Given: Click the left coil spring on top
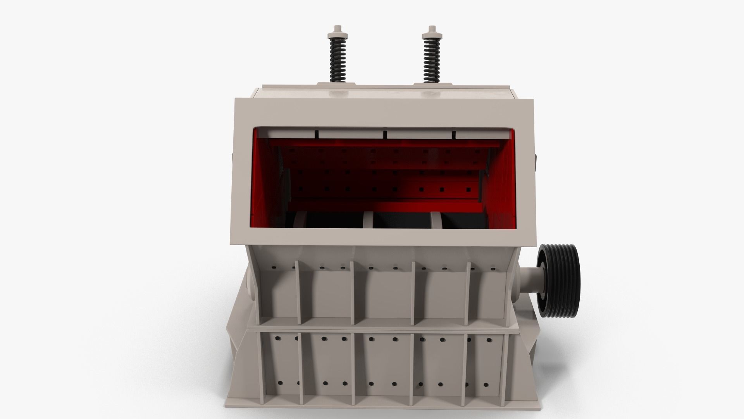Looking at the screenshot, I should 338,60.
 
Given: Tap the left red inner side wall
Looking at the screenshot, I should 267,182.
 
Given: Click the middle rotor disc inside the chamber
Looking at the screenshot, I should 368,220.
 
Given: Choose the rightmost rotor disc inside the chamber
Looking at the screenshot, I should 436,220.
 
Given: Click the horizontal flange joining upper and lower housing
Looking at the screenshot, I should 376,328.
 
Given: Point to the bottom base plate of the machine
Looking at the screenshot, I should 376,410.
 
